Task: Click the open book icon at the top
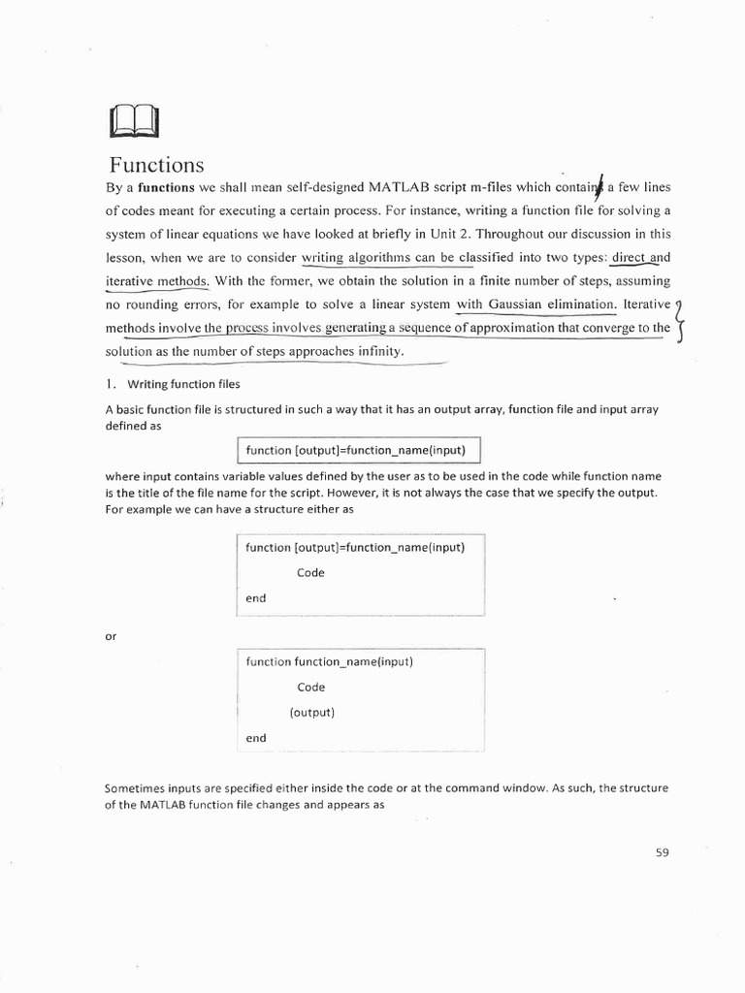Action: (135, 122)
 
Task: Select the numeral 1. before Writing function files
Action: (112, 384)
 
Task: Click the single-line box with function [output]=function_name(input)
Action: (359, 451)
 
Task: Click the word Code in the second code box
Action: (310, 572)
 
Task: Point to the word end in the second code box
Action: (255, 598)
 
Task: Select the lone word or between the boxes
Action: (110, 636)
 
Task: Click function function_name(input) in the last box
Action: (329, 661)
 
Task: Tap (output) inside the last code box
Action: (311, 712)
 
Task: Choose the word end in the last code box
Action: (255, 738)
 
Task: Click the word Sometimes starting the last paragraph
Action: (134, 788)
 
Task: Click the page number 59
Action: (663, 852)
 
